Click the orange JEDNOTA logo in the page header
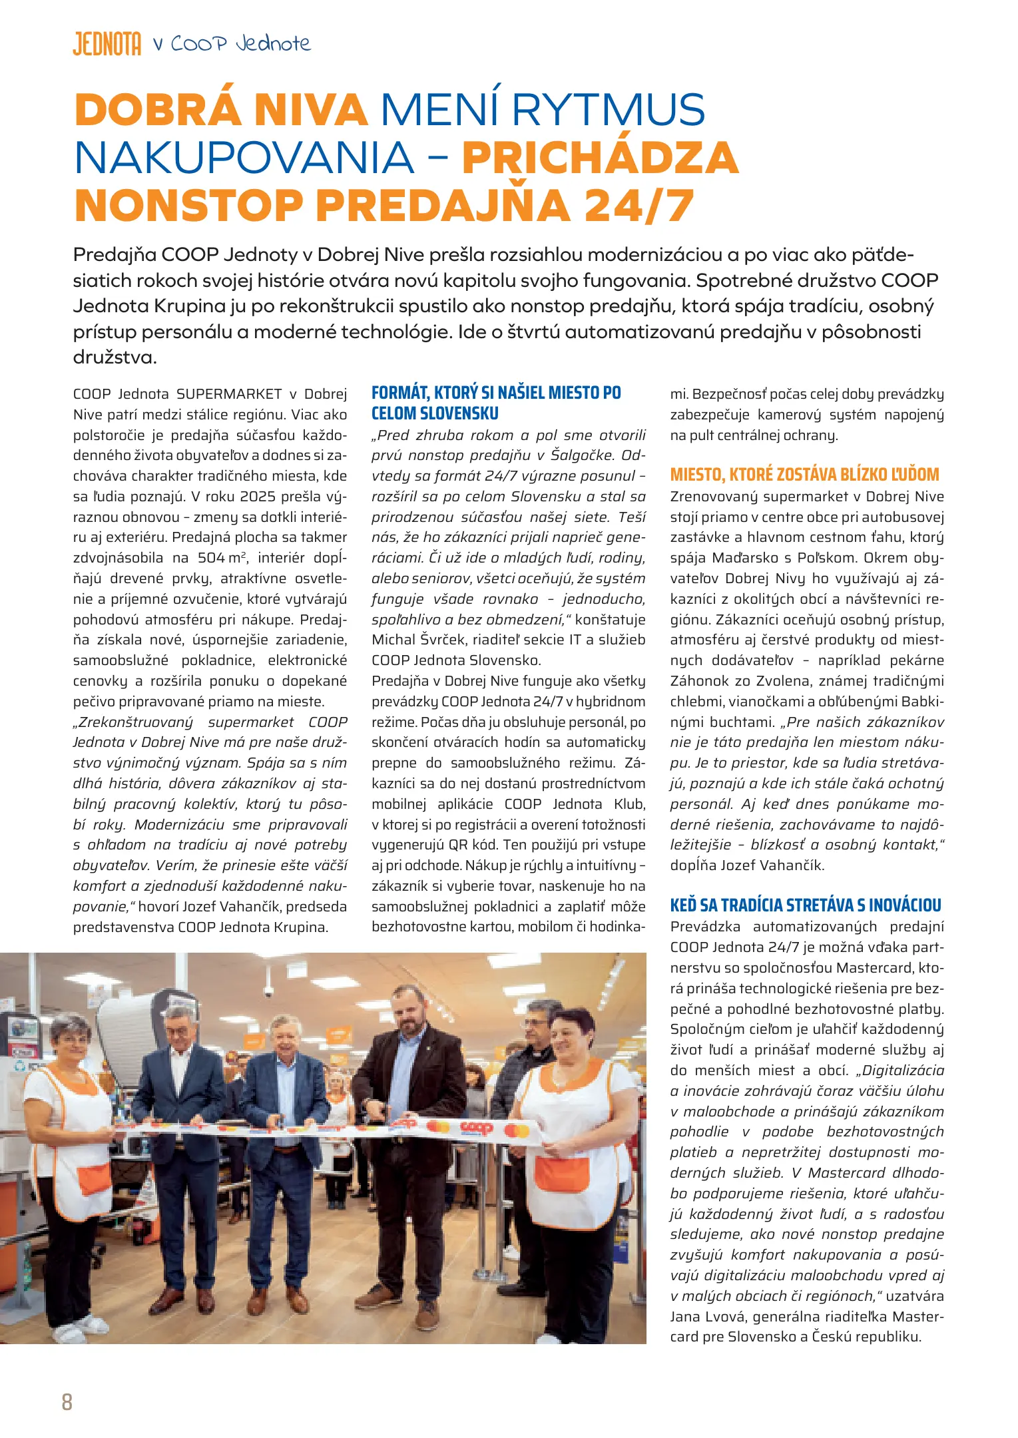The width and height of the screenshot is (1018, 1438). coord(107,44)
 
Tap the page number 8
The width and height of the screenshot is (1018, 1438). coord(67,1401)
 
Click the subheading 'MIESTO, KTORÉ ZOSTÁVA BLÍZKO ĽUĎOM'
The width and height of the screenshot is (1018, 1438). coord(804,475)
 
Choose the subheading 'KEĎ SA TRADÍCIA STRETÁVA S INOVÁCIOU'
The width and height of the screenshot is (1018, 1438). coord(806,905)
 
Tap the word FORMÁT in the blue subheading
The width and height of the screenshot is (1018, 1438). coord(399,393)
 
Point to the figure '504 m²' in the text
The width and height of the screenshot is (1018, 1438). coord(222,558)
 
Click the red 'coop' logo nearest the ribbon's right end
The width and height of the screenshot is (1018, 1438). coord(476,1128)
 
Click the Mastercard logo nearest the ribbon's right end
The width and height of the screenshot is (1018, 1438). coord(516,1130)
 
